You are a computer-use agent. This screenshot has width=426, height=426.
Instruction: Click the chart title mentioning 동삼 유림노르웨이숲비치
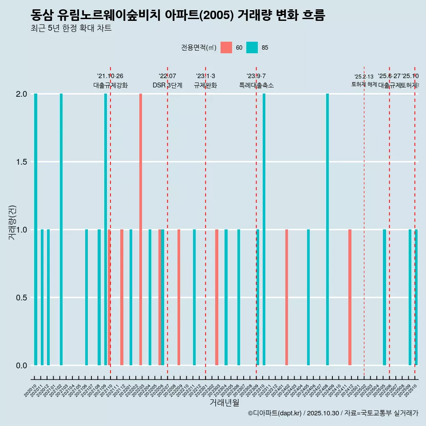177,16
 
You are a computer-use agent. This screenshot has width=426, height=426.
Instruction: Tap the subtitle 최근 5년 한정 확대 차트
71,28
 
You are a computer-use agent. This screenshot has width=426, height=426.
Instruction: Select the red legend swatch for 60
226,47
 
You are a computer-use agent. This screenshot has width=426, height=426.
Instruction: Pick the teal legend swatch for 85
252,47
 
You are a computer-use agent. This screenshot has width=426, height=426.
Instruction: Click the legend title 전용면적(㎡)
198,47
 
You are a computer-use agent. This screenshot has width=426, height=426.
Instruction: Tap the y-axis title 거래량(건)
12,222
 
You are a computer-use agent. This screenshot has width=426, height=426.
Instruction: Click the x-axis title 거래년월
224,403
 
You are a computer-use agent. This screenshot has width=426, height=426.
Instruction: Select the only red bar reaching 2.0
141,229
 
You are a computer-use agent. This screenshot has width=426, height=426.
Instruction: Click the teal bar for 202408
327,229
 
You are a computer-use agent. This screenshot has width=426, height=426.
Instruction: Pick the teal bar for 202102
61,229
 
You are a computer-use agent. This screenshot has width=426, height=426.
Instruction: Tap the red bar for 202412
350,297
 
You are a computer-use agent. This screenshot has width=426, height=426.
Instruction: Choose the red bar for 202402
287,297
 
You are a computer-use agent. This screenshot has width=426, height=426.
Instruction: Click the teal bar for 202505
384,297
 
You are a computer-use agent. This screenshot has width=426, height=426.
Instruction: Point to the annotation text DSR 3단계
167,85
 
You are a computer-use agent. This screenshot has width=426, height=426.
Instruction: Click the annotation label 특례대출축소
256,85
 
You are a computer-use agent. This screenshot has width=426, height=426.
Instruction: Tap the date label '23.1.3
205,76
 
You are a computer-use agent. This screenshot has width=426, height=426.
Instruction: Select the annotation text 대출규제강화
110,85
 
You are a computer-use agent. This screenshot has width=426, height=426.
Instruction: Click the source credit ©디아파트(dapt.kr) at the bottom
275,413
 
